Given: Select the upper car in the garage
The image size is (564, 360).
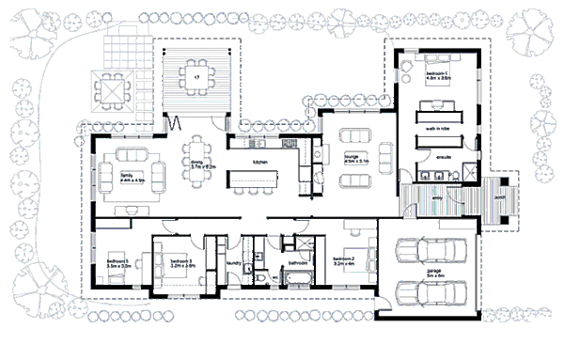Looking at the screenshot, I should (432, 253).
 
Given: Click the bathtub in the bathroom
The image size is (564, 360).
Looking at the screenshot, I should (298, 280).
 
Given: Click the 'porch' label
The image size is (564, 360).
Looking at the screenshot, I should (501, 199).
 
